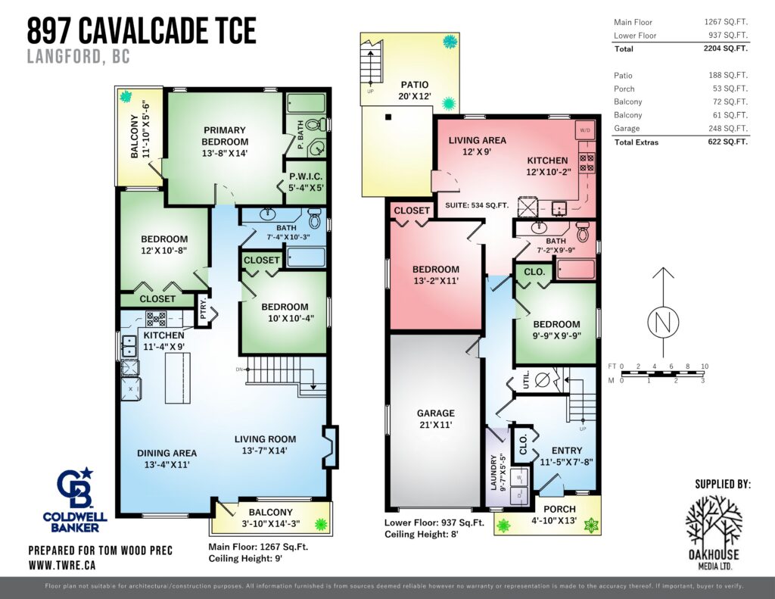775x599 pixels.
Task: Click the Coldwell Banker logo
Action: tap(75, 500)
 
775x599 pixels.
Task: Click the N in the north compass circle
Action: tap(663, 322)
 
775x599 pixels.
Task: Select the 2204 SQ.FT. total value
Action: tap(726, 48)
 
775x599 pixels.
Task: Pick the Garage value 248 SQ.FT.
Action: tap(728, 128)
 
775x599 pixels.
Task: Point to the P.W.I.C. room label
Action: tap(306, 176)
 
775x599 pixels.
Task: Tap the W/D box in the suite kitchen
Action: tap(585, 130)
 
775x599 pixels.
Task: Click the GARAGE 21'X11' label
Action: tap(435, 419)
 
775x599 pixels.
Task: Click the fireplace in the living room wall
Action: tap(330, 447)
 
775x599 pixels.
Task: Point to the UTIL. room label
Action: tap(526, 379)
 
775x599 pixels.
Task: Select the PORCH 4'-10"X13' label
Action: tap(559, 514)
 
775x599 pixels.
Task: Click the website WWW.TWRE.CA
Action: tap(62, 565)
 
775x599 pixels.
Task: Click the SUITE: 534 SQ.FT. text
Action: tap(477, 204)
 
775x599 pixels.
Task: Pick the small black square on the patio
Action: tap(388, 117)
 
